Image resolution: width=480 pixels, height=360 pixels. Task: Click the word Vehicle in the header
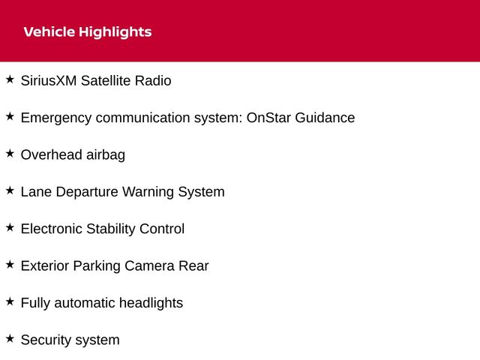(49, 31)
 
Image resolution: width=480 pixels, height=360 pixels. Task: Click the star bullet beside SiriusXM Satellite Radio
(10, 79)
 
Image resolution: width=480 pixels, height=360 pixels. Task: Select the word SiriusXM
(49, 81)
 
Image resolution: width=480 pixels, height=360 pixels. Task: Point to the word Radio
(153, 81)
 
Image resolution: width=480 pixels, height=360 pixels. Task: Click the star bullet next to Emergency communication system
(10, 116)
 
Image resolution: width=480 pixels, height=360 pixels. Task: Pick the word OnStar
(268, 118)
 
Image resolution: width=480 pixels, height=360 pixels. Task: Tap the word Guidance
(325, 118)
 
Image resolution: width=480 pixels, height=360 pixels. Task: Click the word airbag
(106, 155)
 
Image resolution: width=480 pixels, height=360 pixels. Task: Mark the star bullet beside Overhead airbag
(10, 153)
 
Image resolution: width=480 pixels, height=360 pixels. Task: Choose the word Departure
(87, 193)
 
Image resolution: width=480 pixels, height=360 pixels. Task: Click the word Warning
(148, 193)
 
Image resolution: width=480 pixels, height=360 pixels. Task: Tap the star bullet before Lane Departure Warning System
(10, 190)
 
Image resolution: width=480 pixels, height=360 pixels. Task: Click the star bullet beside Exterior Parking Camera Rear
(10, 265)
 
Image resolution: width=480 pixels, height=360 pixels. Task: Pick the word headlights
(151, 304)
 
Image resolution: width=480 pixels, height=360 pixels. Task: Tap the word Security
(46, 340)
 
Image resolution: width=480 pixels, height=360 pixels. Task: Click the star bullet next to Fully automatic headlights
(10, 301)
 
